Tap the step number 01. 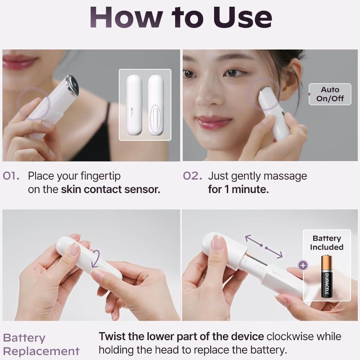[x=11, y=175]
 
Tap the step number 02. [x=192, y=175]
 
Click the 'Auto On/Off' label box [x=330, y=94]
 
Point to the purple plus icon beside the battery [x=303, y=265]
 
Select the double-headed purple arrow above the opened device [x=264, y=246]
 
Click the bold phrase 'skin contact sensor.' [x=110, y=189]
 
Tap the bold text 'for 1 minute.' [x=238, y=189]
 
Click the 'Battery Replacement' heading [x=40, y=344]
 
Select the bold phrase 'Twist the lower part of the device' [x=181, y=337]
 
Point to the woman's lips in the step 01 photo [x=19, y=62]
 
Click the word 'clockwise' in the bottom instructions [x=291, y=337]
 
